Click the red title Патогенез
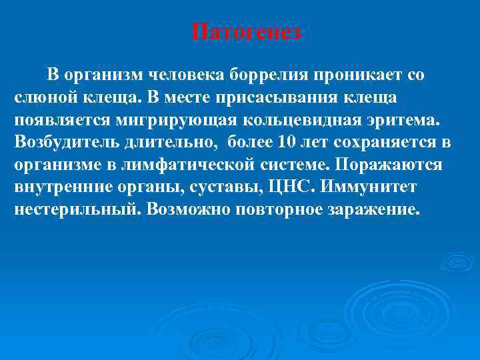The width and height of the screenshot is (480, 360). [247, 33]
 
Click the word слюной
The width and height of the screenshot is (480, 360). [43, 97]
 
